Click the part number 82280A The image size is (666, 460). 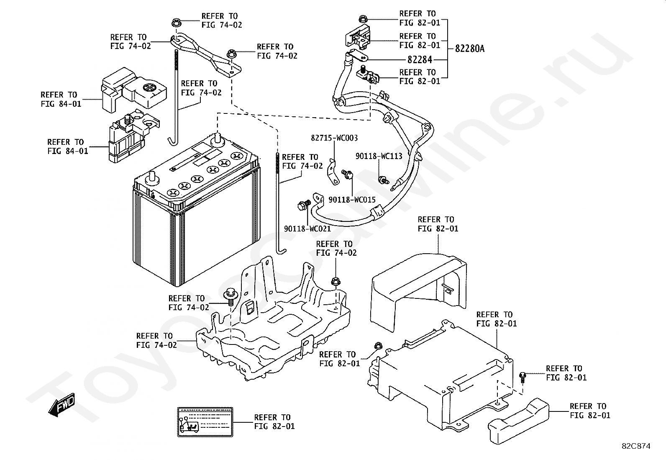point(469,48)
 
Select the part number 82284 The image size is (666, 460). point(420,59)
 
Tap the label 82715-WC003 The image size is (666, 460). point(334,138)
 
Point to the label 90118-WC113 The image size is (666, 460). point(379,156)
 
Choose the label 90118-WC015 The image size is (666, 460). point(352,199)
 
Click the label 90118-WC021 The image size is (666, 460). point(307,229)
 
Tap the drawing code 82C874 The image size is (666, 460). point(636,446)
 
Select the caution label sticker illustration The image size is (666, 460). point(205,422)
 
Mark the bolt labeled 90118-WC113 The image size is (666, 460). point(384,180)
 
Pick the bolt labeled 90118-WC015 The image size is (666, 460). point(347,174)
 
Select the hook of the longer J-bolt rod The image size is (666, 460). point(281,252)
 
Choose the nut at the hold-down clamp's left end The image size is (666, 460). point(176,23)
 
